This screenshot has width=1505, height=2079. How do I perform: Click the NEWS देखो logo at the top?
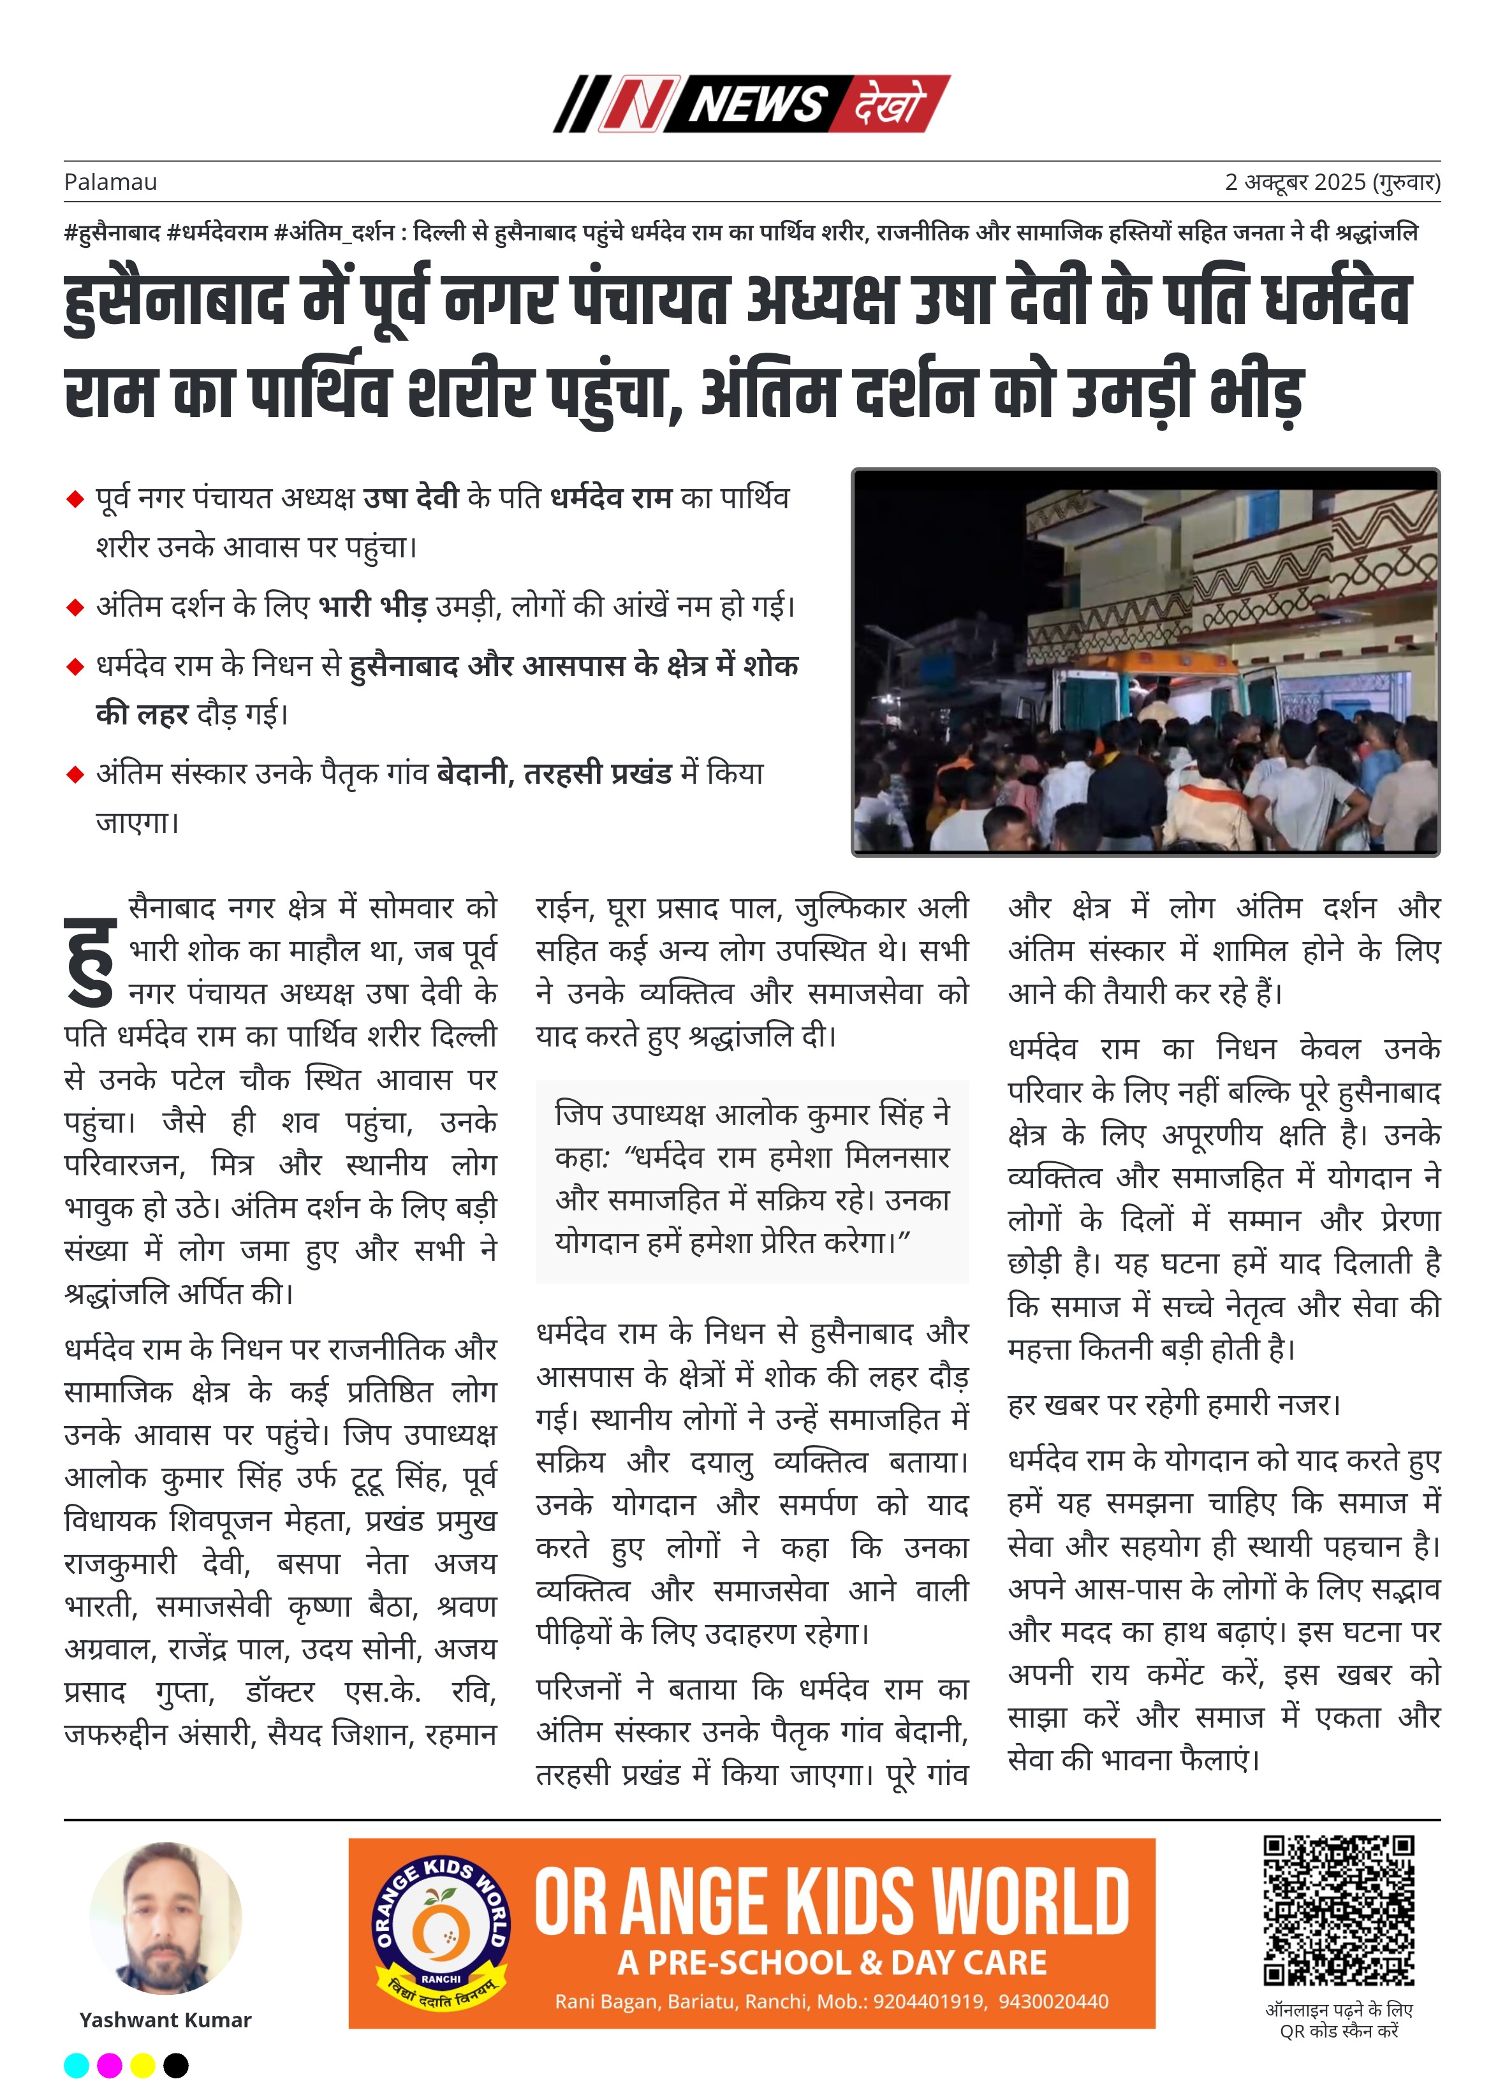752,103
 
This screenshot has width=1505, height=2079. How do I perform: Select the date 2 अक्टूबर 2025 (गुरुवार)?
1332,182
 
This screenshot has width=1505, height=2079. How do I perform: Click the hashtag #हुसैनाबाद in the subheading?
112,233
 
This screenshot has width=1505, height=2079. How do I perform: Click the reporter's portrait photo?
166,1918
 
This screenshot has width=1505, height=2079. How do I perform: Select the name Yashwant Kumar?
166,2020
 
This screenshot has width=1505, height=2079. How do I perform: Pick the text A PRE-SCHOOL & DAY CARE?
832,1962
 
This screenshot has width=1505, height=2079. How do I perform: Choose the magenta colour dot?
109,2065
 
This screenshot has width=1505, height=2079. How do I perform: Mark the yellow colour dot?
142,2065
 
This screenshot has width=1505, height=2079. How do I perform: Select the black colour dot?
175,2065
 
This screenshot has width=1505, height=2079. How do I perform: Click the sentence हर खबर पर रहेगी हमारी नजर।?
1174,1404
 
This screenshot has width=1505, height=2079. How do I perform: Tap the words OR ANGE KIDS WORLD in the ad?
832,1903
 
